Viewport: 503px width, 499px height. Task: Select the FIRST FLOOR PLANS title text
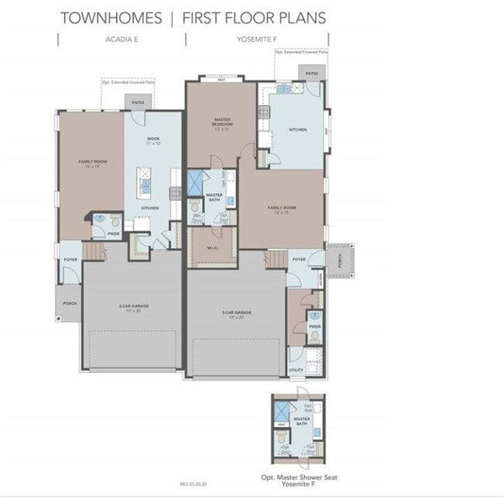coord(255,18)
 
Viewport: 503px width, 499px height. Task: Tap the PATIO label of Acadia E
coord(139,102)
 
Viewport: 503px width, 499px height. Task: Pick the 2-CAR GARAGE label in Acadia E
coord(129,307)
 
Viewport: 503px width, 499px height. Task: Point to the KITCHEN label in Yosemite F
coord(298,130)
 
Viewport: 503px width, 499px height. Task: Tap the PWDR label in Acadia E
coord(113,232)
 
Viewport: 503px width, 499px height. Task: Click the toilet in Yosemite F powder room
coord(315,316)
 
